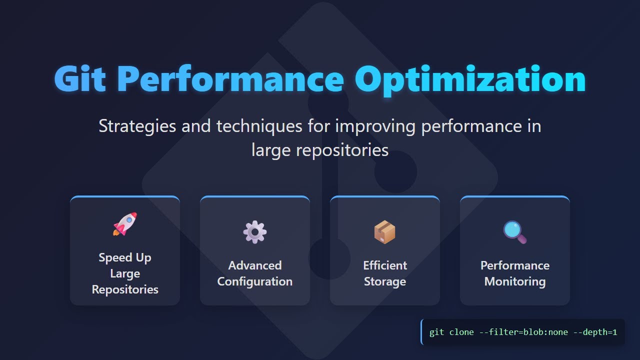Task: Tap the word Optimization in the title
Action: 470,79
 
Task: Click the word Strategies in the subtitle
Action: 137,126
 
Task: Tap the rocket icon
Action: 125,224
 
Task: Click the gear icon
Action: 255,232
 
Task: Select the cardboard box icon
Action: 385,232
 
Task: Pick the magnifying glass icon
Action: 515,232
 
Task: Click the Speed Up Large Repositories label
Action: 125,273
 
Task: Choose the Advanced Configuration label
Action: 255,273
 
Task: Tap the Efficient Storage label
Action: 385,273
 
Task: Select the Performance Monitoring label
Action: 515,273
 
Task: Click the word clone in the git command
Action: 461,332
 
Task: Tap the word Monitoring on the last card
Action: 515,281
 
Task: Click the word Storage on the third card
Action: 385,281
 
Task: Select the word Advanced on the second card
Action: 255,265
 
